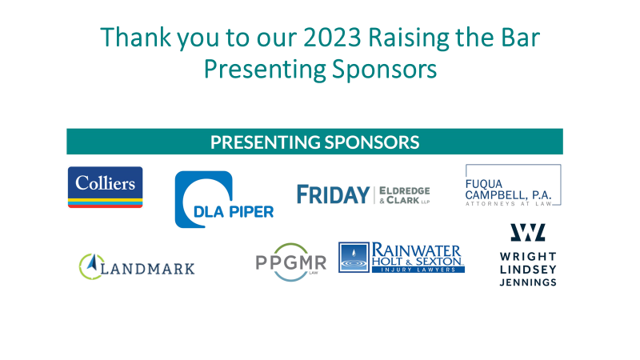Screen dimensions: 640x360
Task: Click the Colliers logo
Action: tap(106, 187)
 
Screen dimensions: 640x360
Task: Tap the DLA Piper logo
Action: tap(224, 199)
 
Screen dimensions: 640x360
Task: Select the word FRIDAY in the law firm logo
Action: tap(333, 194)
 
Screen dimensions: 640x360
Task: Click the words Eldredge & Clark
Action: tap(404, 195)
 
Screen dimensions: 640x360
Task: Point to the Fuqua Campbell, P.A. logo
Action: tap(513, 185)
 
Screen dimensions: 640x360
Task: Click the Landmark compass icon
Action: tap(90, 266)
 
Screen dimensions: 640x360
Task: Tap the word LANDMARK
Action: tap(147, 269)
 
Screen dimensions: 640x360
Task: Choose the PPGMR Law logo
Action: tap(291, 262)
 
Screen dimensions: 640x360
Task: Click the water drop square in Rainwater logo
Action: tap(354, 257)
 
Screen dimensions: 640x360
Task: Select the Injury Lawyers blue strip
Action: tap(418, 270)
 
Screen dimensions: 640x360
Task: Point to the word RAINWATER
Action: tap(416, 250)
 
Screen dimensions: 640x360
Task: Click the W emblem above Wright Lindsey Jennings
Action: tap(528, 232)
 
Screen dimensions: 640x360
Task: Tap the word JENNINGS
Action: tap(528, 282)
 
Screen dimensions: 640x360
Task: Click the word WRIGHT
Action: tap(528, 256)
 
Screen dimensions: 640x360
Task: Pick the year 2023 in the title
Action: tap(332, 38)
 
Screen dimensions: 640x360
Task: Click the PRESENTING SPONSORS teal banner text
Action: tap(314, 142)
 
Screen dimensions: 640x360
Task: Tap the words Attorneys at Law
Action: tap(509, 203)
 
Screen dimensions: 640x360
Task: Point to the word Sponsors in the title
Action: tap(384, 69)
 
